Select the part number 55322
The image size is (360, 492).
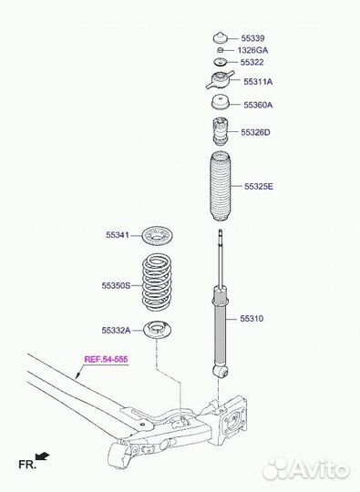tap(252, 63)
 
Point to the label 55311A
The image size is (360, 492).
tap(258, 82)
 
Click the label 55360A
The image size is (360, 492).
tap(258, 105)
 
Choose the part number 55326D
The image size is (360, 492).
tap(256, 133)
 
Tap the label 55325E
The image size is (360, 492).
tap(258, 187)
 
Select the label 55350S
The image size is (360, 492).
tap(116, 285)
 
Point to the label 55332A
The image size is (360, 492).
tap(116, 330)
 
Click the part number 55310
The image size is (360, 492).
tap(252, 319)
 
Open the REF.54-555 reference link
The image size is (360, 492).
tap(107, 360)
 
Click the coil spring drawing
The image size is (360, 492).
tap(160, 284)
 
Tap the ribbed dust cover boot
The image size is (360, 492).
tap(220, 190)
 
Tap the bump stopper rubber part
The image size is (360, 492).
tap(220, 132)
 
